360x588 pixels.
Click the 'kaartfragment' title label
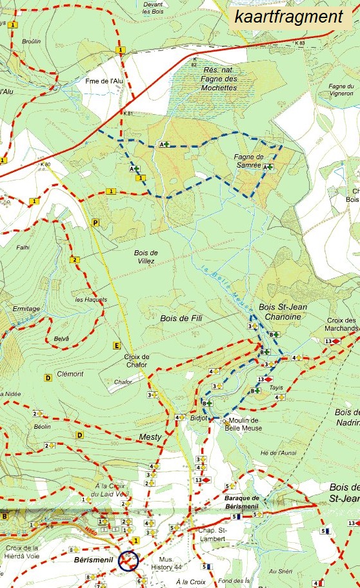point(288,17)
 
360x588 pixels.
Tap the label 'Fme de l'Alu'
point(104,81)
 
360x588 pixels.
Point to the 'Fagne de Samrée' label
point(248,161)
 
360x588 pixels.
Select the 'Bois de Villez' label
point(146,257)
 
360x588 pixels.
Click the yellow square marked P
point(96,222)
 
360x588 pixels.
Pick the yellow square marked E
point(117,345)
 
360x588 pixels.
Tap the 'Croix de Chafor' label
point(136,361)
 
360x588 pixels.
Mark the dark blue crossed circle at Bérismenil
point(128,561)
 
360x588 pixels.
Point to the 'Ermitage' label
point(26,309)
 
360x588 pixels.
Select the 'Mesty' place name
point(150,437)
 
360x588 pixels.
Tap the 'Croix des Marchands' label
point(341,324)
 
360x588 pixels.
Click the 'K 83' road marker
point(299,43)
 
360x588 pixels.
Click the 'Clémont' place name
point(70,374)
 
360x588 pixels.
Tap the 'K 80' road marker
point(45,164)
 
